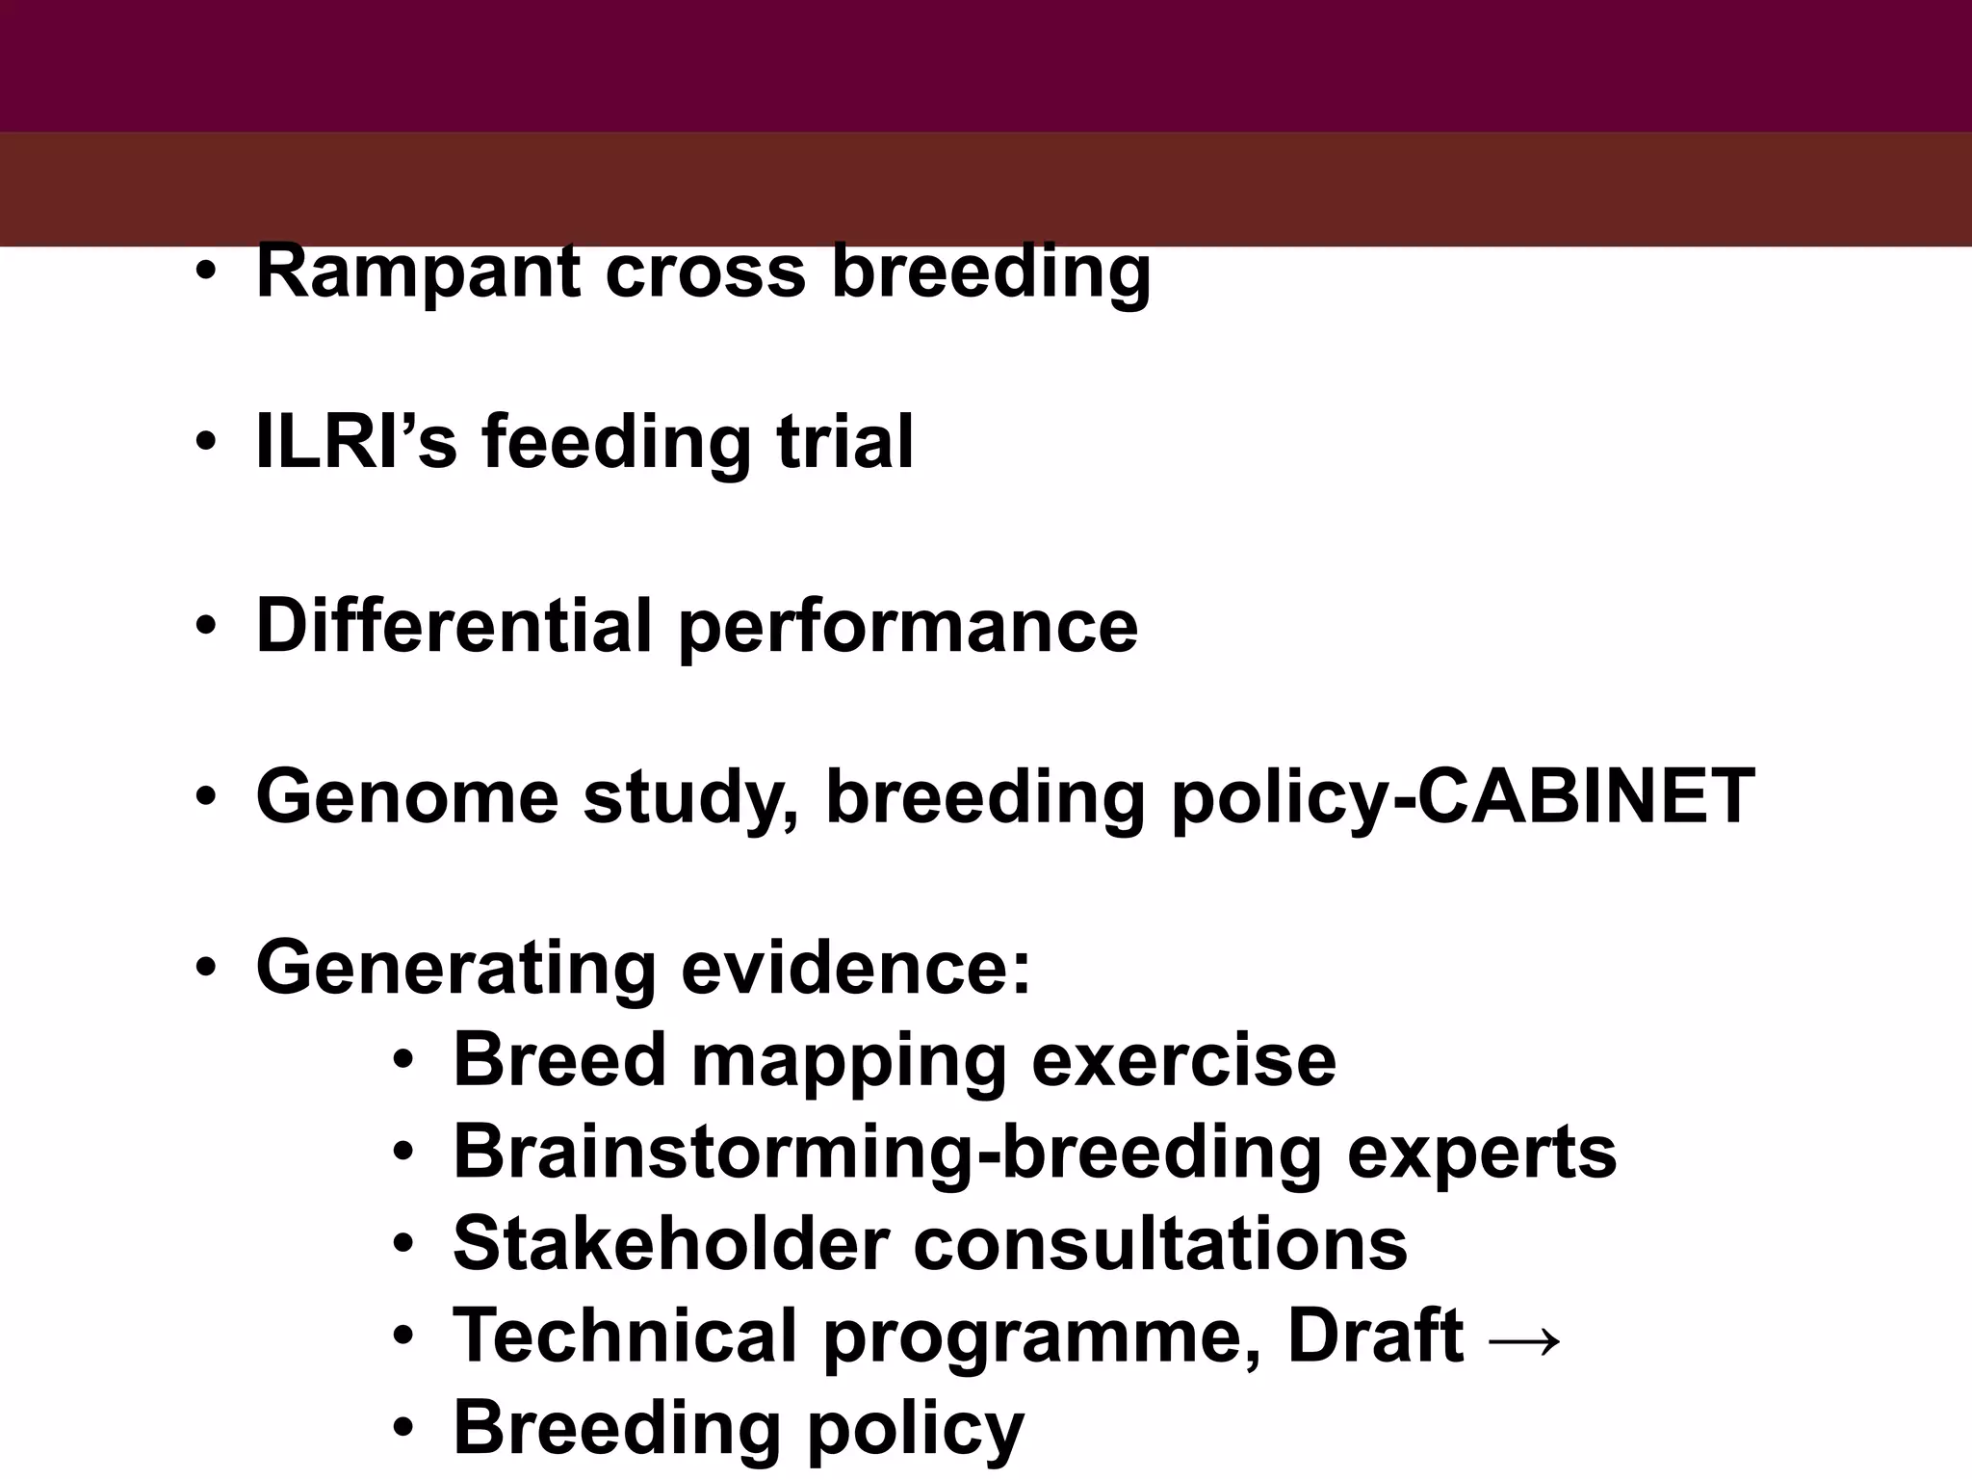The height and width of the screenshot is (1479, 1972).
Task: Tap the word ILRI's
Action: (355, 442)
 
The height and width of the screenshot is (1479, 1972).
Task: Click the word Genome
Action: (407, 797)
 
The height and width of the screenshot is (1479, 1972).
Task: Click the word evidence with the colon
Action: (856, 968)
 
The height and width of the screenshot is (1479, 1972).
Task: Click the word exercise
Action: (1183, 1060)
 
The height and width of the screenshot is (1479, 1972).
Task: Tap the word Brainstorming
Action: (714, 1154)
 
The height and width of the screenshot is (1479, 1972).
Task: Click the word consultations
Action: (1159, 1243)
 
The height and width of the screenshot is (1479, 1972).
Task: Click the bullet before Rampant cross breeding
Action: (205, 273)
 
